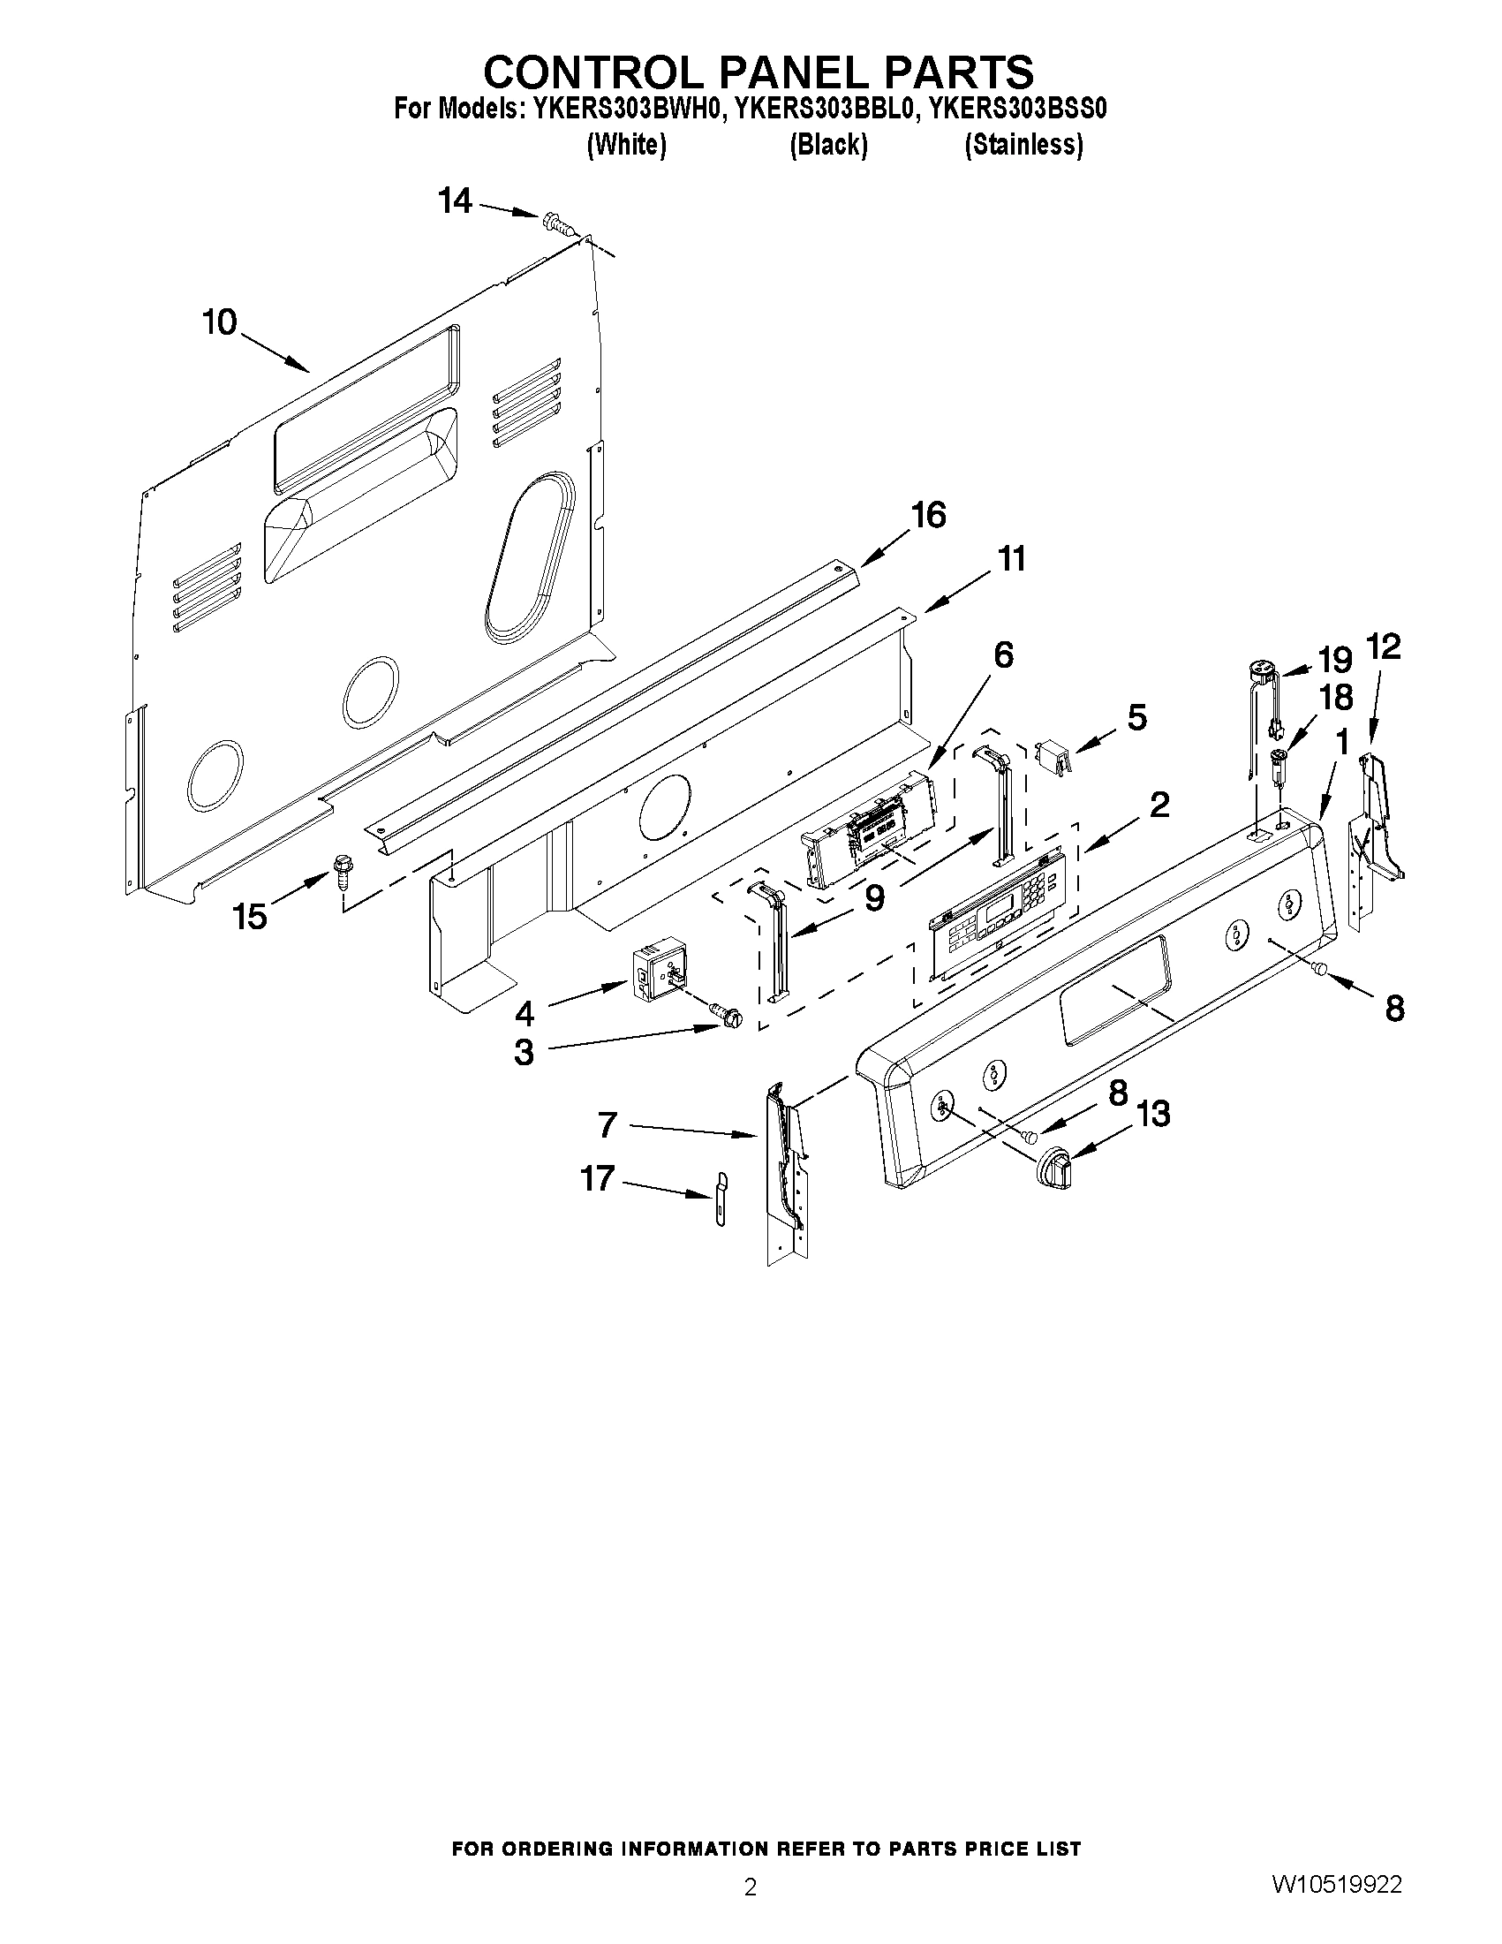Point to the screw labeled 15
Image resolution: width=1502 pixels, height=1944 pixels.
pos(342,870)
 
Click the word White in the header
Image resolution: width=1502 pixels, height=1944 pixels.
pos(626,144)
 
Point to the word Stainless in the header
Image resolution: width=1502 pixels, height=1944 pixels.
pos(1023,144)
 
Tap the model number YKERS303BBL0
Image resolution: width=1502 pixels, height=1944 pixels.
pos(826,109)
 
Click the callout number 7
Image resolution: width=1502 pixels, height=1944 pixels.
pos(607,1126)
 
